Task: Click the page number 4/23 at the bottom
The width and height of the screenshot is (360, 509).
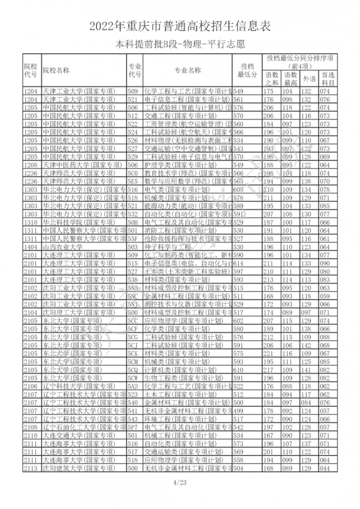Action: [x=180, y=482]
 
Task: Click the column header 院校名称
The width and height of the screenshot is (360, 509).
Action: [x=56, y=70]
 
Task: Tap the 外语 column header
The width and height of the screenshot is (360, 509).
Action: [x=309, y=79]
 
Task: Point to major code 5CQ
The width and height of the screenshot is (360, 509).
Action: [x=132, y=369]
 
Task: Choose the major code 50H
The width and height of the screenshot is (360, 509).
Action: [x=132, y=222]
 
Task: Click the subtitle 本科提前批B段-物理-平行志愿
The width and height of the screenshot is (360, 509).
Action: [x=180, y=45]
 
